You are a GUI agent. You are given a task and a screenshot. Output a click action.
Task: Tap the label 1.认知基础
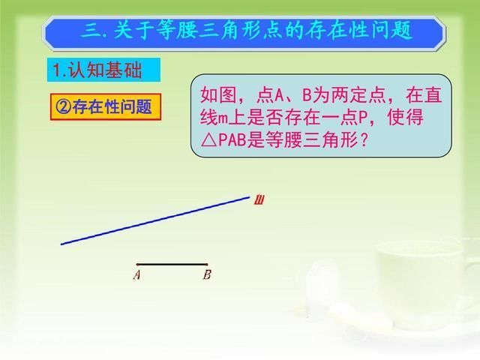[105, 71]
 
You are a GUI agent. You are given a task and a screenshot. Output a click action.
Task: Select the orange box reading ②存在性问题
[105, 106]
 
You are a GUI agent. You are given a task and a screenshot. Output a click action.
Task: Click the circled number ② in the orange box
[62, 106]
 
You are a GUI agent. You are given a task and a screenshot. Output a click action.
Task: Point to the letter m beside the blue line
[259, 199]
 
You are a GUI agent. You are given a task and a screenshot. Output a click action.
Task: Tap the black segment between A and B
[172, 264]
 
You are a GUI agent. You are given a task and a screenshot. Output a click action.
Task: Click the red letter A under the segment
[137, 275]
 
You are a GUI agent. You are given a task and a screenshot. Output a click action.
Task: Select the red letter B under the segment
[207, 275]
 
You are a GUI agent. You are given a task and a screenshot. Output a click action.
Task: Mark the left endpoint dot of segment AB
[138, 264]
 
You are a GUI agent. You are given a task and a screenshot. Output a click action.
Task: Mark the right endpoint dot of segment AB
[207, 264]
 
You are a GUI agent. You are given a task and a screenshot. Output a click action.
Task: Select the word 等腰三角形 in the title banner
[217, 31]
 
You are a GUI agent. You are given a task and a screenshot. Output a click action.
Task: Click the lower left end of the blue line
[62, 243]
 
